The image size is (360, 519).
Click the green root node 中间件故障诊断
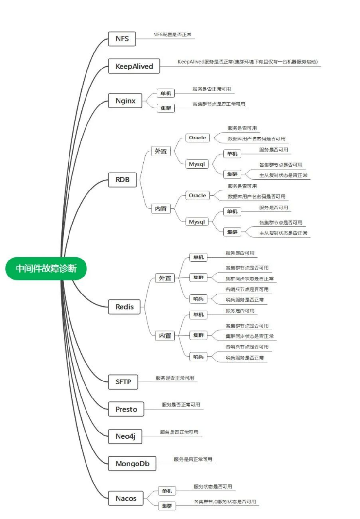pos(46,268)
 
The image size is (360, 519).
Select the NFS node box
pos(122,38)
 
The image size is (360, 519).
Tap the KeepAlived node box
pos(134,66)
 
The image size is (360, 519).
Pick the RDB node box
pos(122,180)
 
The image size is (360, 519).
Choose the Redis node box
pos(124,307)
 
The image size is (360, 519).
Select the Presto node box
pos(126,409)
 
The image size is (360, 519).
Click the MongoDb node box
pos(132,464)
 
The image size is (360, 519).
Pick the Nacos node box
pos(125,498)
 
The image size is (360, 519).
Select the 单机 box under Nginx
pos(165,94)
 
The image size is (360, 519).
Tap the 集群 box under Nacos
pos(166,506)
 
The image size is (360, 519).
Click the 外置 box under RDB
pos(160,151)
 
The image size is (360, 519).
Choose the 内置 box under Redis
pos(165,335)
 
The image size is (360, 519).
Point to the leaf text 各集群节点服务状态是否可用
pos(224,502)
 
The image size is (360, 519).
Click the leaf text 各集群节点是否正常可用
pos(219,104)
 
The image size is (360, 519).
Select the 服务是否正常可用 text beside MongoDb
pos(193,459)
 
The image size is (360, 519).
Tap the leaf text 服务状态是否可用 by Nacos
pos(213,486)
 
